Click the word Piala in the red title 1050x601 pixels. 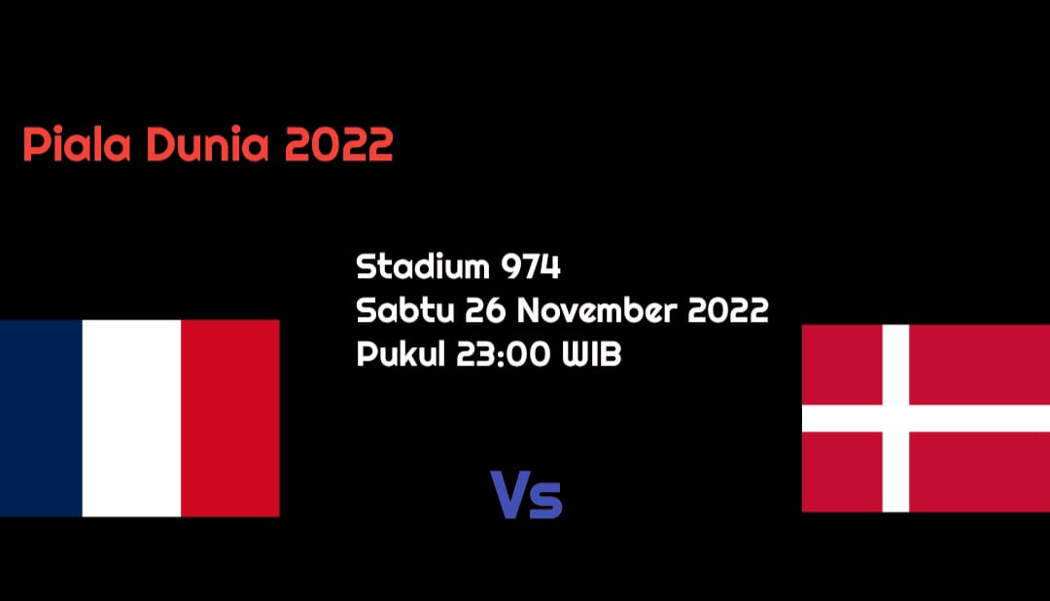tap(77, 143)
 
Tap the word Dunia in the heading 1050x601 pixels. tap(208, 143)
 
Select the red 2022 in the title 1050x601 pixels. tap(339, 145)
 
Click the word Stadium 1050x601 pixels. tap(423, 266)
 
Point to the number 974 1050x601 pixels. tap(531, 266)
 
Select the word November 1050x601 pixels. tap(597, 310)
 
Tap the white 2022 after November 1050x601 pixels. tap(728, 310)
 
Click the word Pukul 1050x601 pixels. tap(402, 353)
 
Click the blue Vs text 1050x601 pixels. tap(526, 495)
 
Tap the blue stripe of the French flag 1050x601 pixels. tap(41, 418)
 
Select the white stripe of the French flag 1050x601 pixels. tap(131, 418)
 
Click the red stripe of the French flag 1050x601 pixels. tap(229, 418)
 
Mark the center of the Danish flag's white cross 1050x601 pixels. tap(895, 419)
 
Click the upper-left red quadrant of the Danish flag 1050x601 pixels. tap(842, 365)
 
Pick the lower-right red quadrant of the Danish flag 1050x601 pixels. tap(980, 472)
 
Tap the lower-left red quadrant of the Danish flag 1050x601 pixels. tap(842, 472)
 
